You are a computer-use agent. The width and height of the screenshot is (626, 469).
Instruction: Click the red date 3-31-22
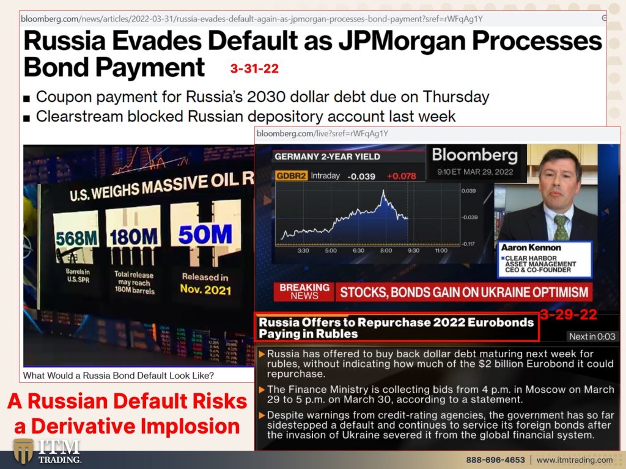[x=254, y=68]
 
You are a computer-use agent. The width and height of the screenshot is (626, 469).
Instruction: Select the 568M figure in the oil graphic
[x=76, y=238]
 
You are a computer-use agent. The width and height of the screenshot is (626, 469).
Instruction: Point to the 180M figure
[x=133, y=237]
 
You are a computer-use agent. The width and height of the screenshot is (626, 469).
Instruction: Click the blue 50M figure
[x=205, y=234]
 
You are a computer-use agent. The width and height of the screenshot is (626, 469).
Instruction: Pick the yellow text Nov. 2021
[x=205, y=289]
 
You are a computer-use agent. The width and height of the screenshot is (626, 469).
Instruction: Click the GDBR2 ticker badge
[x=291, y=176]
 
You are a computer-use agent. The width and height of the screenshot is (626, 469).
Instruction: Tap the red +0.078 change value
[x=401, y=176]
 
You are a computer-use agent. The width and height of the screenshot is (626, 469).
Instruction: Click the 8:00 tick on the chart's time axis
[x=386, y=250]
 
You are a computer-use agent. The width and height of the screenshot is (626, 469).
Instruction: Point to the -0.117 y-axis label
[x=469, y=244]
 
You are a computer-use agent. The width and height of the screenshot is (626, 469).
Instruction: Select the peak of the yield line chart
[x=384, y=191]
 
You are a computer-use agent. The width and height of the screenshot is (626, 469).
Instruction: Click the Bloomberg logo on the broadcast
[x=474, y=155]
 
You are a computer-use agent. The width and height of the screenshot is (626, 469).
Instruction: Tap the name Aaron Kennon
[x=531, y=248]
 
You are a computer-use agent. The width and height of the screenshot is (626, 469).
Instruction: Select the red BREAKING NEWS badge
[x=304, y=291]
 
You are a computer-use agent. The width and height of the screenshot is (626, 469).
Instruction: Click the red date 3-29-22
[x=568, y=314]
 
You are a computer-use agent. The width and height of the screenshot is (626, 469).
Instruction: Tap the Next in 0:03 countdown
[x=592, y=336]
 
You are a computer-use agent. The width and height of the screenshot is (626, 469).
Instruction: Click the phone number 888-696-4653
[x=495, y=460]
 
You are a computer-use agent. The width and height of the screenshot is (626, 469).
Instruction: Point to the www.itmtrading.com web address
[x=575, y=460]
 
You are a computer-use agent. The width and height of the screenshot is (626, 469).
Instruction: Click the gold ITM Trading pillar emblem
[x=23, y=451]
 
